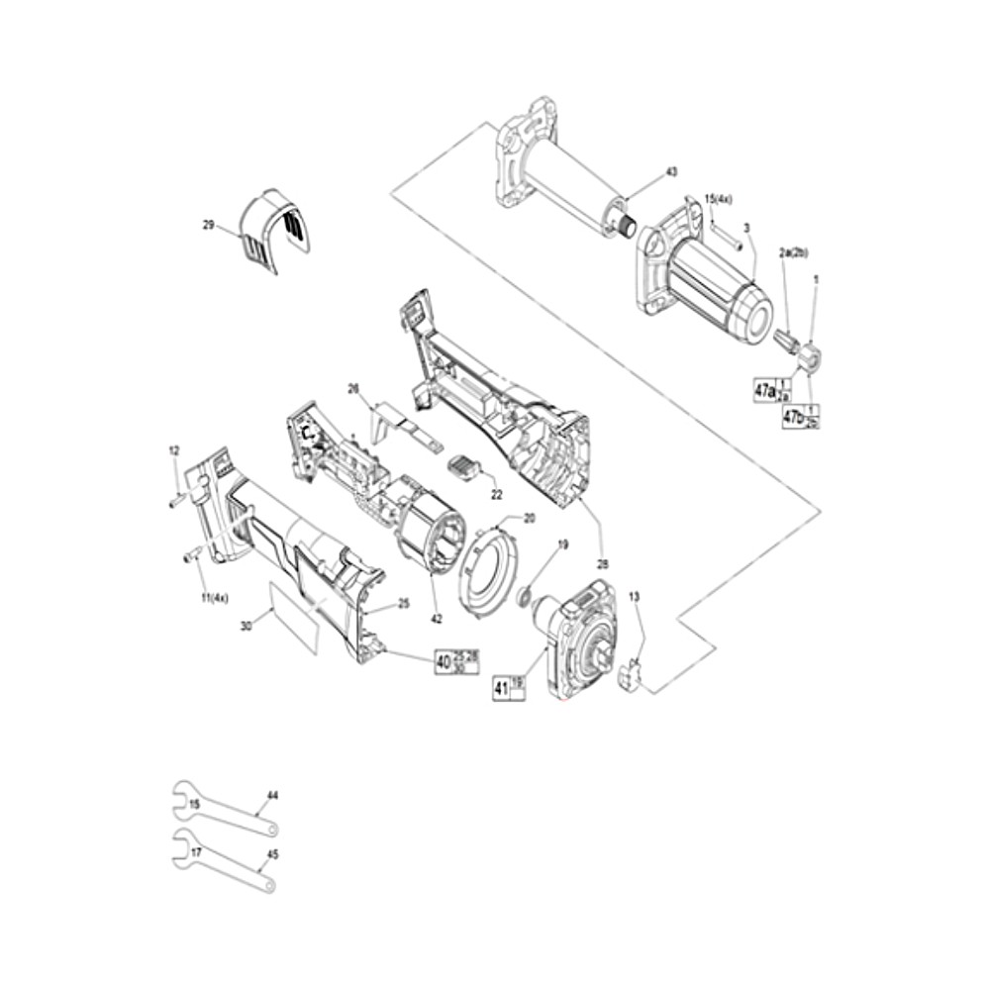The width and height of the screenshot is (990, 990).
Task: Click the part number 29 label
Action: (208, 226)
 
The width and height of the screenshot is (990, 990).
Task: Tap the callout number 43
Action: (671, 172)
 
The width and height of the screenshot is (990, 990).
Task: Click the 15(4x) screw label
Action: (718, 199)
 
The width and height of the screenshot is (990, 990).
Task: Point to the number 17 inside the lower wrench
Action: (196, 851)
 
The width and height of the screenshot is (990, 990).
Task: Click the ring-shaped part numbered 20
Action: (491, 573)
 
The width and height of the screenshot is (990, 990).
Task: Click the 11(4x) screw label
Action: (214, 598)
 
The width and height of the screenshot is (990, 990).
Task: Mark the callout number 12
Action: (174, 451)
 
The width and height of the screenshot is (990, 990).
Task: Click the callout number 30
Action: (246, 625)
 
